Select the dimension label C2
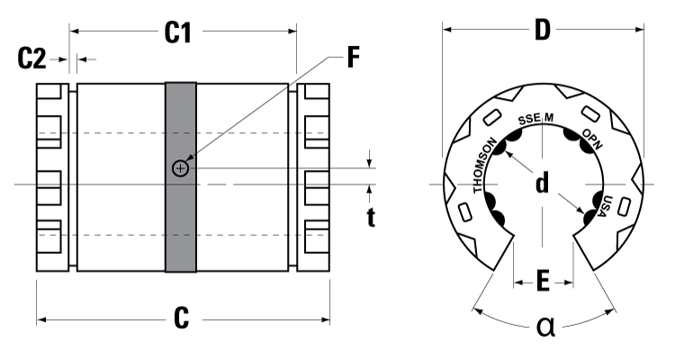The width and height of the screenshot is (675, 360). (x=32, y=59)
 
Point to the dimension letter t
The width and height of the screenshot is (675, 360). (x=371, y=217)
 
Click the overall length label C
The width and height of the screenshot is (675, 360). (x=182, y=318)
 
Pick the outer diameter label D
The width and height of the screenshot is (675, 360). (x=542, y=30)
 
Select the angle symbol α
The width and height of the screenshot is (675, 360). (x=546, y=325)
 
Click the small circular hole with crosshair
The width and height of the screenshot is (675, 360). (x=181, y=168)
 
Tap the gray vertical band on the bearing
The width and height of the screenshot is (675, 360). (x=181, y=225)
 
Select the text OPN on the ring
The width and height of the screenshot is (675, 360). (x=592, y=138)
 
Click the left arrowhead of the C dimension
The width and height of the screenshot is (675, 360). (x=40, y=319)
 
